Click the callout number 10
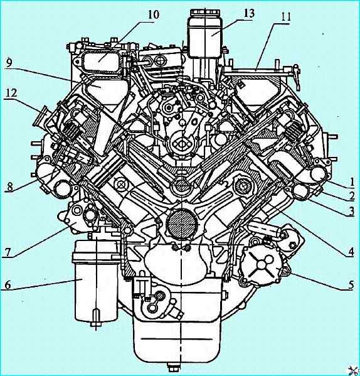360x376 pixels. [153, 14]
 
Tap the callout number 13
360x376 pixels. [249, 13]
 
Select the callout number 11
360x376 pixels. [285, 17]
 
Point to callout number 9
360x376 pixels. [9, 63]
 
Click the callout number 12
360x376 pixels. [11, 92]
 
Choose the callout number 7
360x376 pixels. [8, 252]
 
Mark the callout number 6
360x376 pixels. [8, 285]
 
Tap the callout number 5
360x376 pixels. [351, 285]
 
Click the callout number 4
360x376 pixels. [351, 252]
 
